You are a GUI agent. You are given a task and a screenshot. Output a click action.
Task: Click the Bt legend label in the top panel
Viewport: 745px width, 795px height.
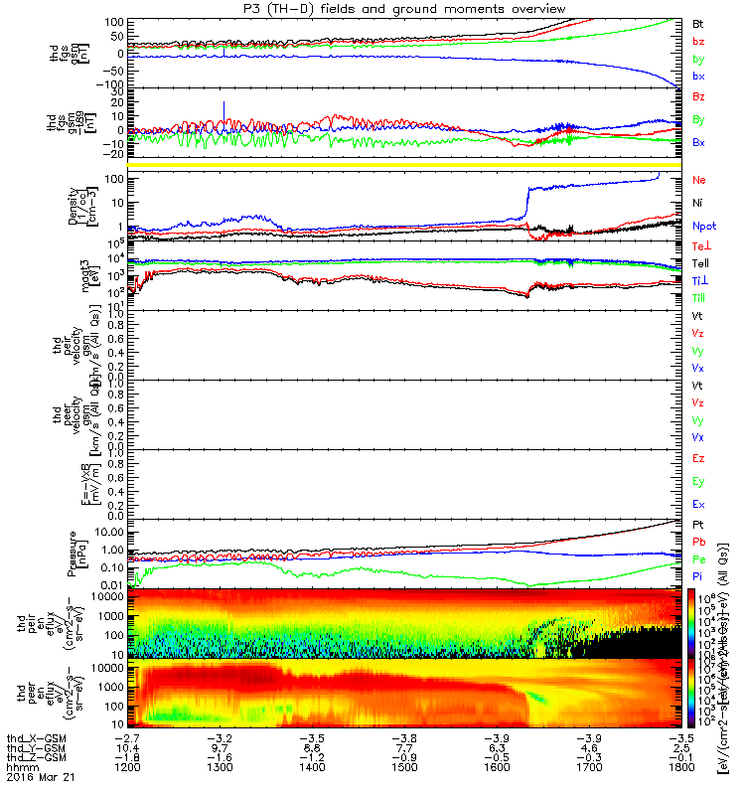[699, 22]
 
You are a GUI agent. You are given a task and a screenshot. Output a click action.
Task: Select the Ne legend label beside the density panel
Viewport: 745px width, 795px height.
[699, 180]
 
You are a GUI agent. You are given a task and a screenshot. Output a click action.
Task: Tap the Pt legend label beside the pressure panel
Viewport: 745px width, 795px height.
[699, 524]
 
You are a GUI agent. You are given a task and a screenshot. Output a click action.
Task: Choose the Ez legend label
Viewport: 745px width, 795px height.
[699, 458]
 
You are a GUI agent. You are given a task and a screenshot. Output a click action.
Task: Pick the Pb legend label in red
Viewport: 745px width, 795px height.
[699, 543]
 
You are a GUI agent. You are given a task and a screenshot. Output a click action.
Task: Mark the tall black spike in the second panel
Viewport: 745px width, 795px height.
[224, 108]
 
